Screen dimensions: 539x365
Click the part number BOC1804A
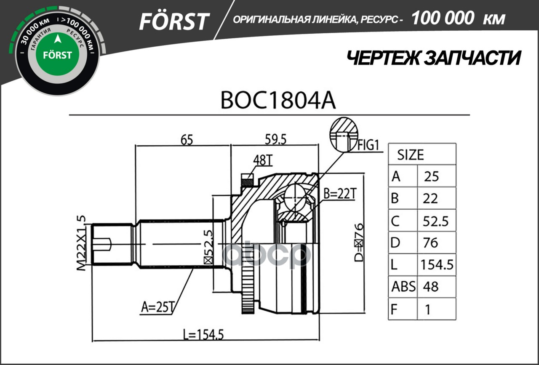coord(278,101)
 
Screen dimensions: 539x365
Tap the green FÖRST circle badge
coord(58,55)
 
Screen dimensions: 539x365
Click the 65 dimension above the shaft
coord(184,140)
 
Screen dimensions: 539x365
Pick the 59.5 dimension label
coord(274,140)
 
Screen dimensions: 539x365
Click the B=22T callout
coord(340,194)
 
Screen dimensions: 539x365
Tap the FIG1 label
coord(369,145)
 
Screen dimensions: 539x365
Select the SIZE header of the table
coord(411,155)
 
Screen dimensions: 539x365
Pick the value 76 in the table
coord(430,242)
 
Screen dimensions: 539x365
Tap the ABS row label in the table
coord(403,287)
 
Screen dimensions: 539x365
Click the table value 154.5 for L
coord(437,265)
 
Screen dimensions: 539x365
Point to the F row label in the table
coord(395,309)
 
